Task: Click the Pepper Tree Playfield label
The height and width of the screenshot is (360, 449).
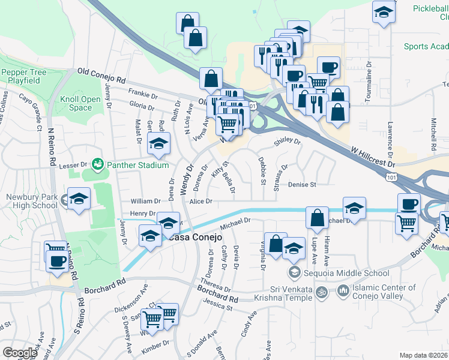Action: click(x=24, y=76)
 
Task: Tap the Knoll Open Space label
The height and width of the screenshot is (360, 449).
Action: click(x=81, y=103)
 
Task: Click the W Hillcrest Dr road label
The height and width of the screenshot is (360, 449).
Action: click(x=374, y=160)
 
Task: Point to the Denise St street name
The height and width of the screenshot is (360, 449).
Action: click(x=302, y=185)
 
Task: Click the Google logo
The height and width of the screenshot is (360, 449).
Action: click(x=20, y=353)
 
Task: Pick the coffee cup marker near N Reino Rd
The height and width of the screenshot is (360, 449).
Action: click(x=58, y=262)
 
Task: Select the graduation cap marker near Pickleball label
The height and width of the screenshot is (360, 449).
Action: click(x=382, y=13)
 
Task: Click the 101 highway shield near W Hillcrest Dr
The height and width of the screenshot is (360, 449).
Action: click(x=393, y=178)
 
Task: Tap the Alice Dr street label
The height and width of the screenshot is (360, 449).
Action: click(x=201, y=202)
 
